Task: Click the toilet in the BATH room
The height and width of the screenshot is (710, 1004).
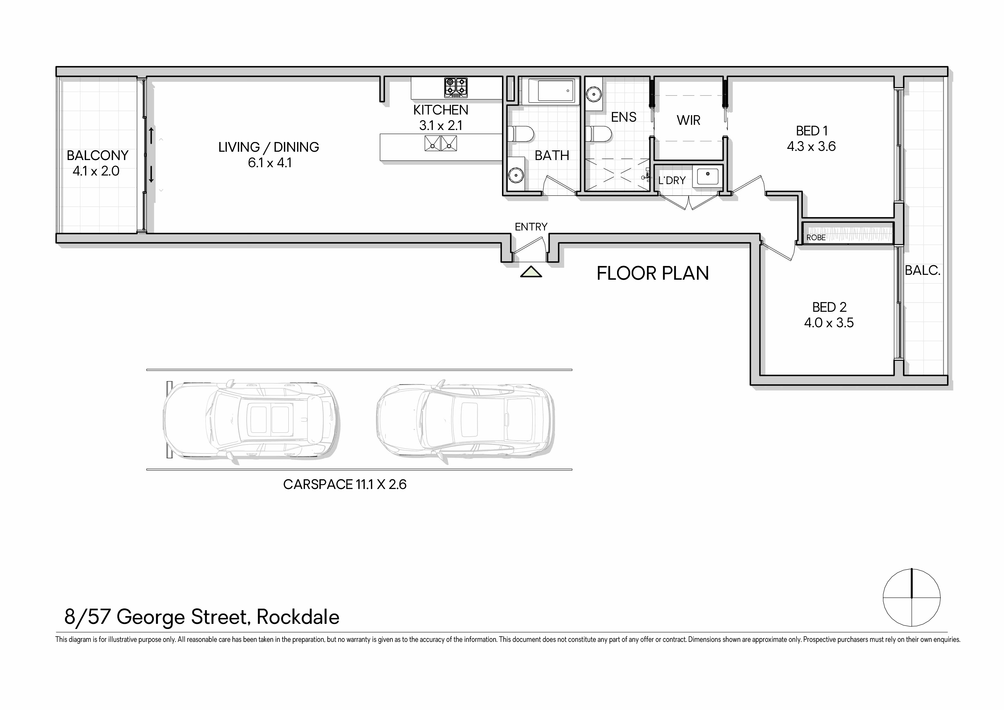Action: click(521, 134)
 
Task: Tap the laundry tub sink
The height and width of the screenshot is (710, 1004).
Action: click(707, 176)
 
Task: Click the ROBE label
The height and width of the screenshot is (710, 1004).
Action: click(816, 238)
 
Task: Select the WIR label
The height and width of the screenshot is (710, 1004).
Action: click(689, 120)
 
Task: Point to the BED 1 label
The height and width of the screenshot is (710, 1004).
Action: click(812, 131)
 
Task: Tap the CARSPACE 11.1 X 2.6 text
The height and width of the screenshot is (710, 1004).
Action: click(345, 485)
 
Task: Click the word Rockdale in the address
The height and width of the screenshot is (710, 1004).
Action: click(298, 617)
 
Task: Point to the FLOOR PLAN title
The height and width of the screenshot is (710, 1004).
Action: click(653, 273)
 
